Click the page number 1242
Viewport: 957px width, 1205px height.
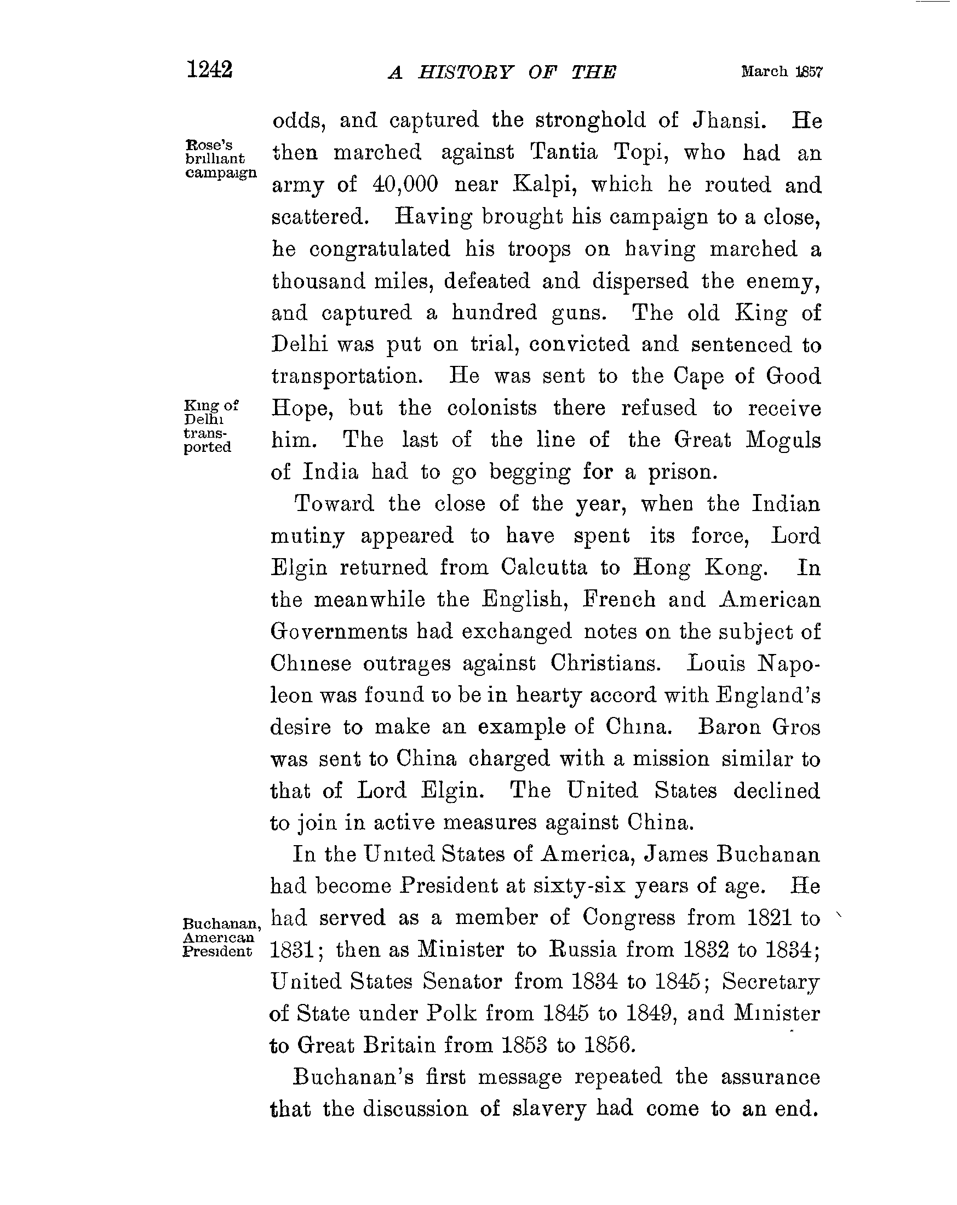coord(210,70)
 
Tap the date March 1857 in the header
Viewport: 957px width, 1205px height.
coord(782,72)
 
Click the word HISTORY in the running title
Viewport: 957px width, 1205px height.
coord(465,73)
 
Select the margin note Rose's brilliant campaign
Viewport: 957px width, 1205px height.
coord(220,159)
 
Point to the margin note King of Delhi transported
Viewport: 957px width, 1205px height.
coord(211,426)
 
